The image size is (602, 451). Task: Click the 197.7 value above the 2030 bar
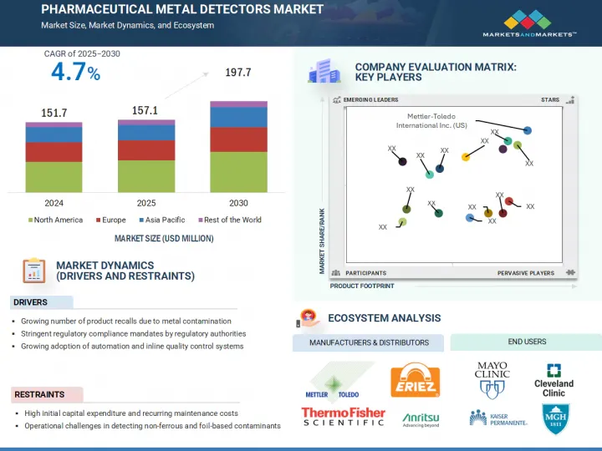pos(238,73)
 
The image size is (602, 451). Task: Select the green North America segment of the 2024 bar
pos(54,177)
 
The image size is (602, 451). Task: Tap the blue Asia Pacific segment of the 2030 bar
pos(238,117)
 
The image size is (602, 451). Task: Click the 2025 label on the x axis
pos(146,203)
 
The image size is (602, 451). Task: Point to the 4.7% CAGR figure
pos(75,73)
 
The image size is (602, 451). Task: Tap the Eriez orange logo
pos(416,380)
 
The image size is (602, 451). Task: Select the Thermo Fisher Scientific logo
pos(343,416)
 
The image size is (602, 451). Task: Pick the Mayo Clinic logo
pos(492,378)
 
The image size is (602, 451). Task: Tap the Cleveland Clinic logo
pos(554,381)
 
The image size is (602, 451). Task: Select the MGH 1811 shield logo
pos(555,417)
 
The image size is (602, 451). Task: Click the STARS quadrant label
pos(549,100)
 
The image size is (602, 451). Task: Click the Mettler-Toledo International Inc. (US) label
pos(431,120)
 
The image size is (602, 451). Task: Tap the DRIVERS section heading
pos(30,302)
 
